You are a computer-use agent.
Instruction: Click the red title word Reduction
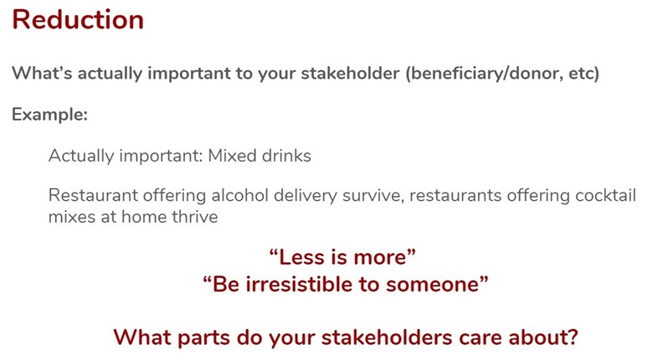[78, 19]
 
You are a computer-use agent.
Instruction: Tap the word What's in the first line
[42, 74]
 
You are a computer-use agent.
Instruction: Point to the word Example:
[50, 115]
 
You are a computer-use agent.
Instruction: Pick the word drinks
[286, 156]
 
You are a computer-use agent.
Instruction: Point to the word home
[141, 217]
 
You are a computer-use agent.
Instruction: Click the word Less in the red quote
[303, 257]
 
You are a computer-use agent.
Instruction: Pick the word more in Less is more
[380, 258]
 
